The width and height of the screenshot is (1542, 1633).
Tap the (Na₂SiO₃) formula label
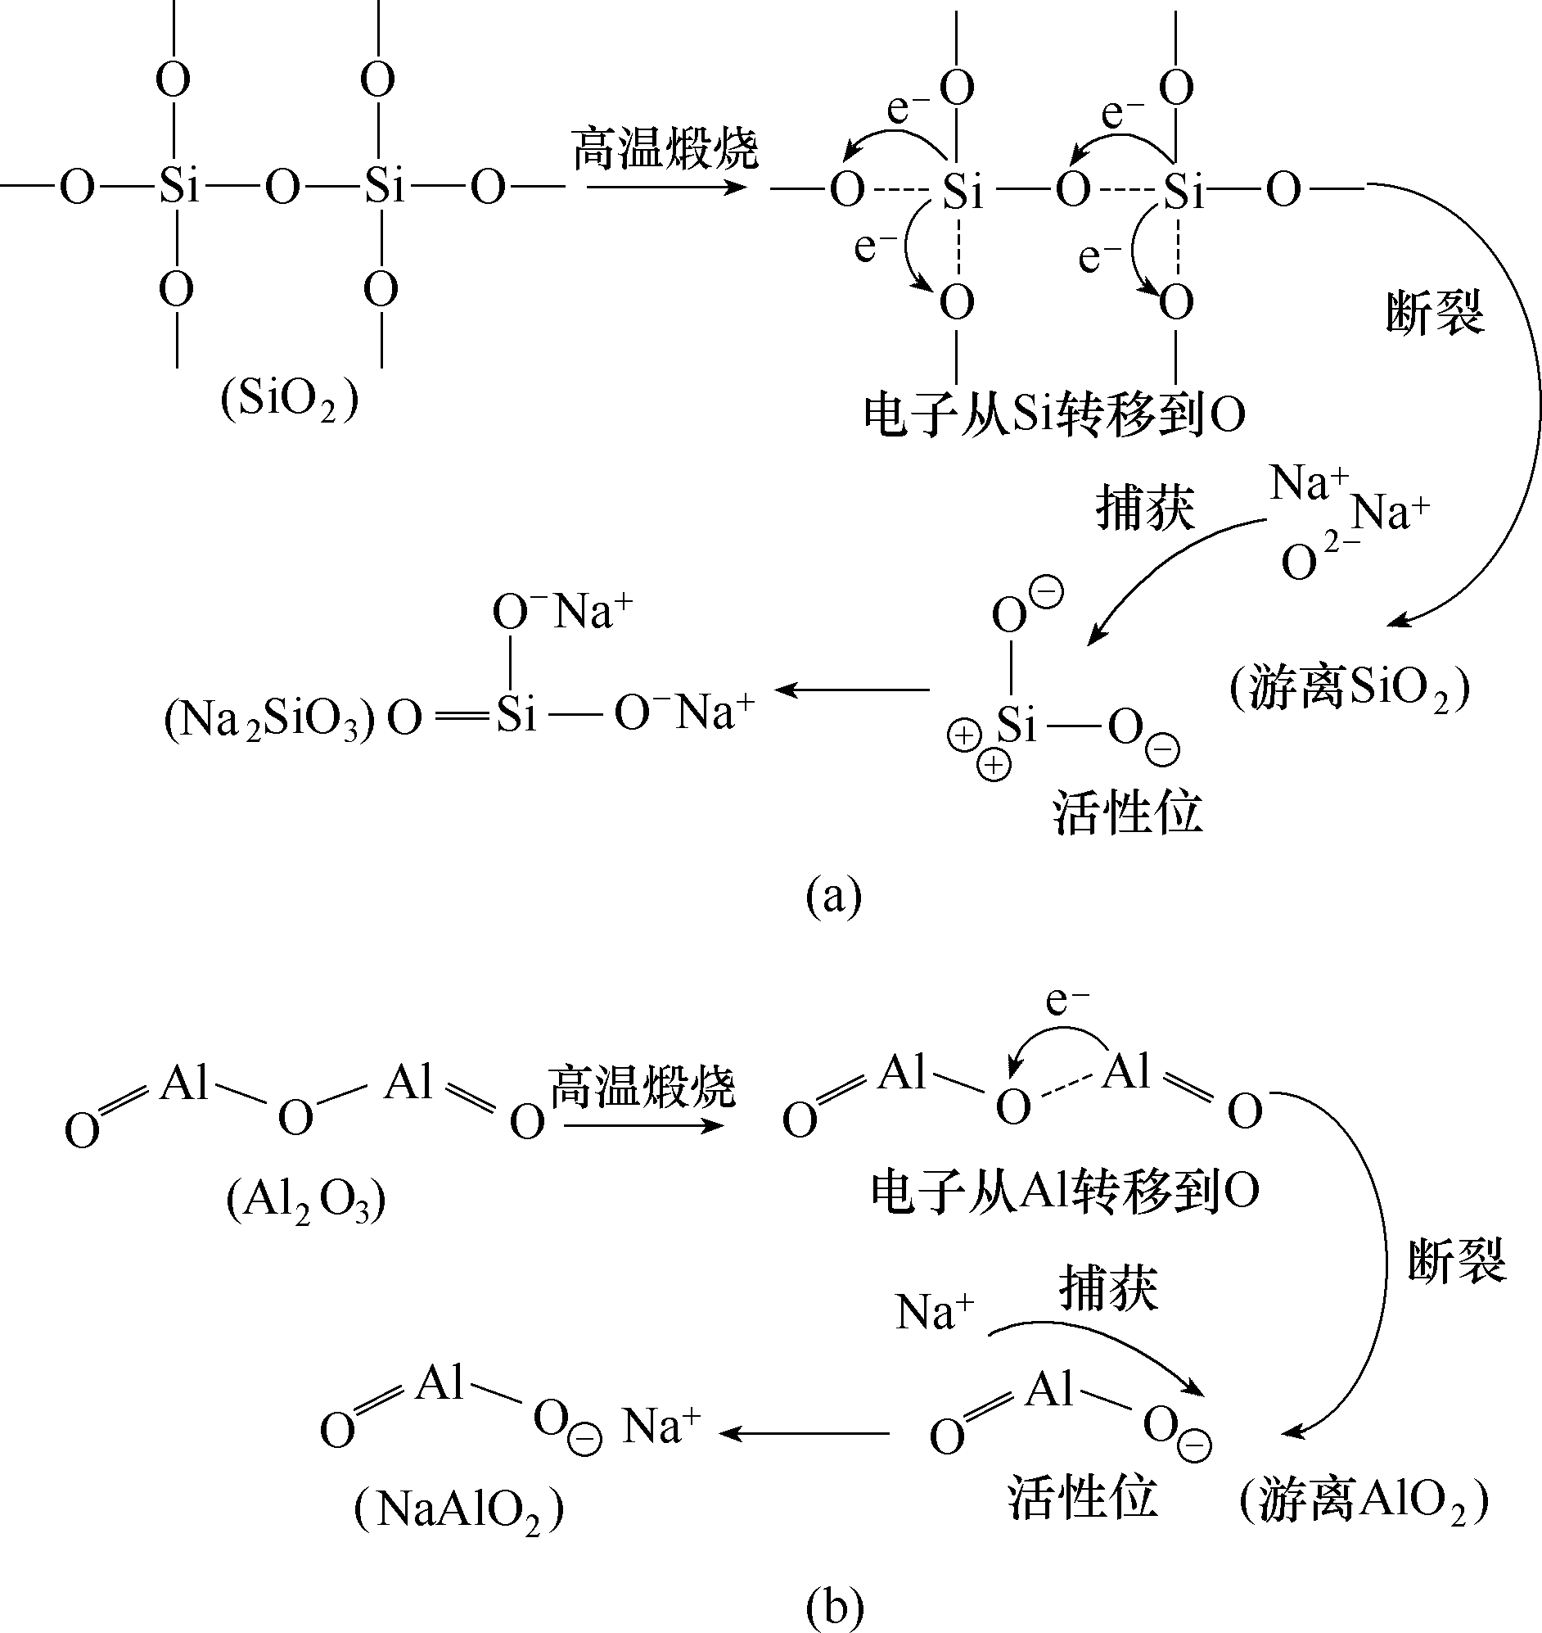tap(269, 721)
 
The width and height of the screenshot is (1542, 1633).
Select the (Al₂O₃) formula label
tap(306, 1201)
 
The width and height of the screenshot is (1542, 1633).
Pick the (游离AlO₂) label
tap(1364, 1500)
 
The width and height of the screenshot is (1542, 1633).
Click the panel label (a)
tap(833, 895)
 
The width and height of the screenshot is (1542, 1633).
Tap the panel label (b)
tap(835, 1606)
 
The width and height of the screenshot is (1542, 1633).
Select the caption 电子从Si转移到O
tap(1053, 415)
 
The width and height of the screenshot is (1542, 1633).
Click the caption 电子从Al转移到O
tap(1066, 1192)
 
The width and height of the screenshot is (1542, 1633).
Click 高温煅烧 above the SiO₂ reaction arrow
tap(664, 149)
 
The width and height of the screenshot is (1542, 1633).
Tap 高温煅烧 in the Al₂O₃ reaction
tap(642, 1087)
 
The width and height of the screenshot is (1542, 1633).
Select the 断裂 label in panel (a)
tap(1435, 314)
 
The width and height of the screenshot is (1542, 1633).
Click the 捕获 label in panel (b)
tap(1108, 1288)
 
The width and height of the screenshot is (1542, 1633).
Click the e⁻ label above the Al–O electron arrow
tap(1067, 1000)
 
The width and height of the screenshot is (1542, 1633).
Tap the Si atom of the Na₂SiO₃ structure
tap(516, 713)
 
